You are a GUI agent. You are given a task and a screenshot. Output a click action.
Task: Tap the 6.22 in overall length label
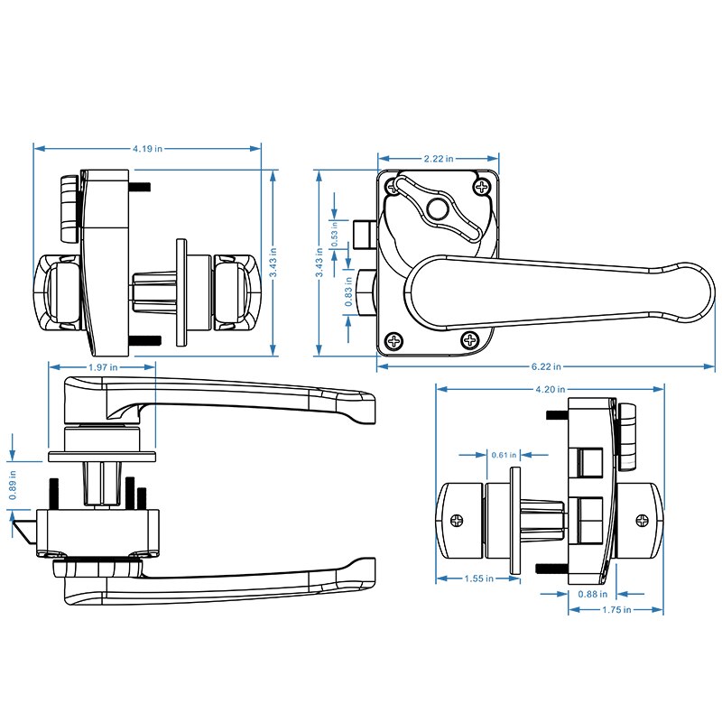coord(546,366)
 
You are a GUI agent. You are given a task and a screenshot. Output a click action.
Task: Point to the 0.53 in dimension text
coord(335,240)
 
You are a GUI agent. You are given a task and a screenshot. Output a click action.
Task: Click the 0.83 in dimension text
coord(350,297)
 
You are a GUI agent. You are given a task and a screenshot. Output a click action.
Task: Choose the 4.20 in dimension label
coord(550,390)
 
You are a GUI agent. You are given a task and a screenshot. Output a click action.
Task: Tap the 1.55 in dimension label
coord(477,579)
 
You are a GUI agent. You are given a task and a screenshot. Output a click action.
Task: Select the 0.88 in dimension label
coord(593,594)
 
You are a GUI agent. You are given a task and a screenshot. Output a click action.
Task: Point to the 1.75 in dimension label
coord(616,610)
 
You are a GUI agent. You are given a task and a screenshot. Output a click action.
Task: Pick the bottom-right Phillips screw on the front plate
coord(470,340)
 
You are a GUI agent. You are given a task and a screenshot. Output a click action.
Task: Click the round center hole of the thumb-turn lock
coord(437,208)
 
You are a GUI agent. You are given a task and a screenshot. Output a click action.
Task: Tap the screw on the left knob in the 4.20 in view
coord(458,520)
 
